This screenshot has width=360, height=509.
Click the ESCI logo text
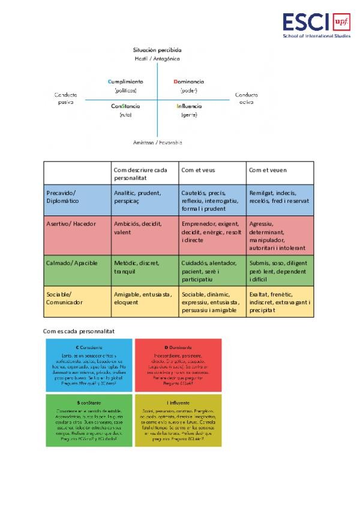click(305, 22)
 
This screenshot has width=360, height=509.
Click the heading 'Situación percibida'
click(157, 50)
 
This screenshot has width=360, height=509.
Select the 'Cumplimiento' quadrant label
click(125, 81)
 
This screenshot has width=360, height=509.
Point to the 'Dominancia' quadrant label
click(188, 81)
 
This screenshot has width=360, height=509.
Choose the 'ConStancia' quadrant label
click(125, 106)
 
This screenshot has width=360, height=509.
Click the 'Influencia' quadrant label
click(189, 106)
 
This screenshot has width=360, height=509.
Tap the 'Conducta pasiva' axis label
click(66, 98)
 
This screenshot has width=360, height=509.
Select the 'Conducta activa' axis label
click(246, 98)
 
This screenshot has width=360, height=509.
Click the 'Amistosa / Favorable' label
click(157, 142)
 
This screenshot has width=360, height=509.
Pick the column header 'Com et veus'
click(198, 170)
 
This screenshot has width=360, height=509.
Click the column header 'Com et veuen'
click(268, 170)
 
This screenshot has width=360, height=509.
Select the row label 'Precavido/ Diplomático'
click(62, 197)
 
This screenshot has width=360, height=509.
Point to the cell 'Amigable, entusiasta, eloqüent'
click(143, 298)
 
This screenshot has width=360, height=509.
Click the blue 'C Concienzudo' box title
click(89, 348)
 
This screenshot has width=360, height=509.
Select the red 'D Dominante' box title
click(178, 348)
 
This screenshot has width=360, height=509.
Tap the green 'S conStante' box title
click(89, 403)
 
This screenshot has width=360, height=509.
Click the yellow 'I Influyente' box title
click(178, 403)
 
